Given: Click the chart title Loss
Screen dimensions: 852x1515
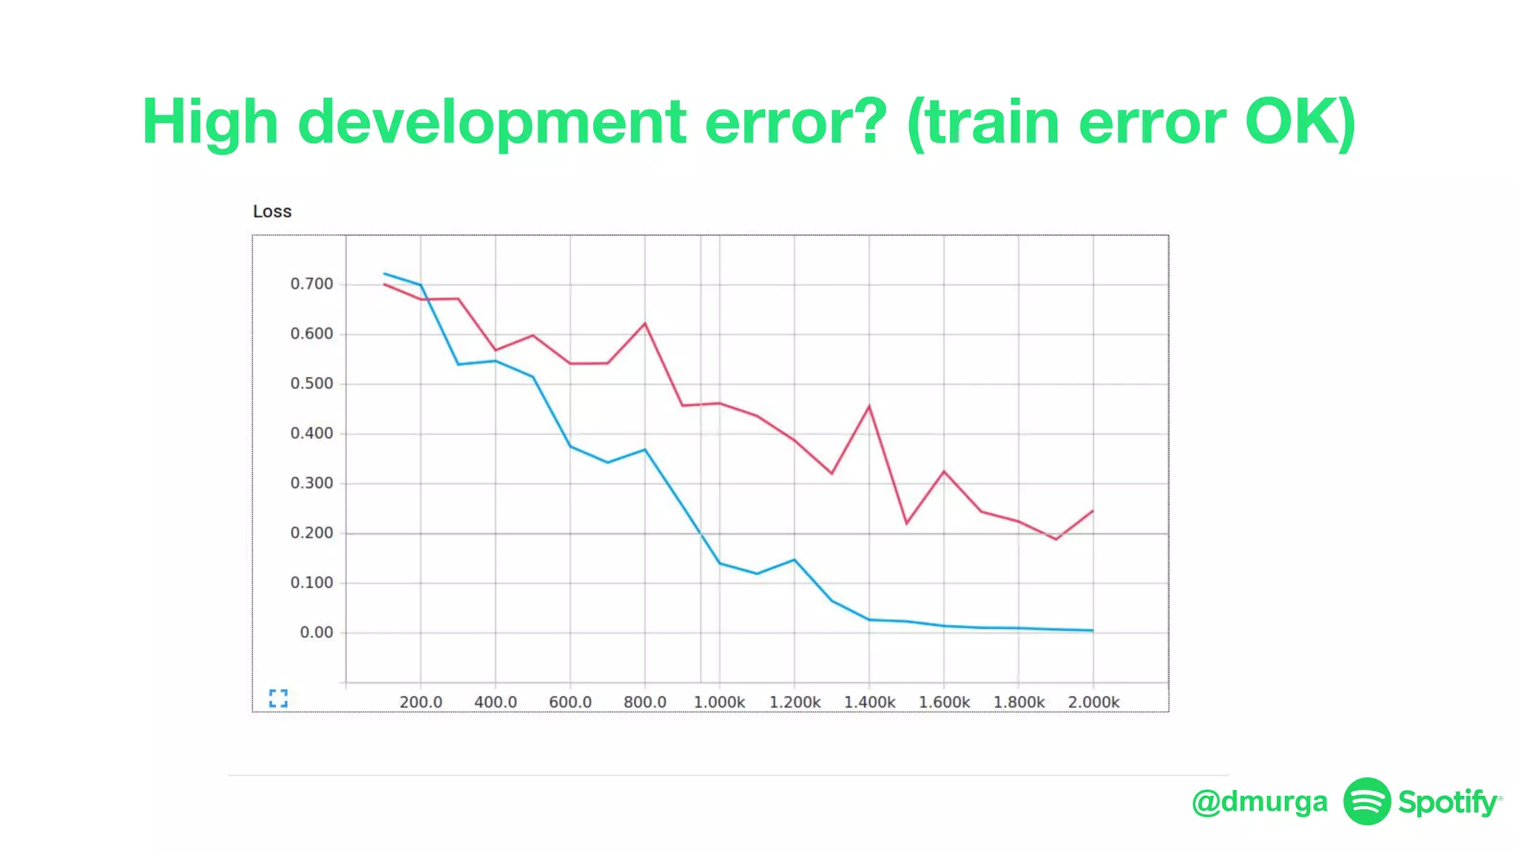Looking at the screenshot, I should point(272,212).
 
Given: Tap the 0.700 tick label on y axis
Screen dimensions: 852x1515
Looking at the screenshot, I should point(311,284).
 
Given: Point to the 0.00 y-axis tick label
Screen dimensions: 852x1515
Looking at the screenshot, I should point(316,632).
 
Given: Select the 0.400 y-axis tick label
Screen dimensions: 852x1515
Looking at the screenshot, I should point(311,433).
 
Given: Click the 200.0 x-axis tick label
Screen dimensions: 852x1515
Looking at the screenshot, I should point(421,702).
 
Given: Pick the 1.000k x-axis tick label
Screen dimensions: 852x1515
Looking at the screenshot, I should point(719,702).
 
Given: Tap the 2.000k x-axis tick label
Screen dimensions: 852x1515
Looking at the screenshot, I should point(1093,702).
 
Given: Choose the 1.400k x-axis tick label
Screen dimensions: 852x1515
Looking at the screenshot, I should point(869,702).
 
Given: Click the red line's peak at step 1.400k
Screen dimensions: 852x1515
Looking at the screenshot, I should point(869,406).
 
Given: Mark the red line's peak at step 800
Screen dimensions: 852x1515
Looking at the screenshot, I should point(645,323).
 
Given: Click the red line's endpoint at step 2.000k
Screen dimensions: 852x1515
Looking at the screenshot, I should point(1093,511).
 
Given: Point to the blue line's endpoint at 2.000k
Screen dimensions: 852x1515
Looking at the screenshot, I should point(1093,630).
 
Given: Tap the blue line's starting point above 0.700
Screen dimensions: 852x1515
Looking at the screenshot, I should point(385,274).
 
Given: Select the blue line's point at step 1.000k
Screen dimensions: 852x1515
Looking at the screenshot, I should point(720,564).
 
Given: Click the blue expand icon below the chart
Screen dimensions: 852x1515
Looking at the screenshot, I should point(278,697).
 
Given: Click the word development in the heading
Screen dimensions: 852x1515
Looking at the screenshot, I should point(492,122).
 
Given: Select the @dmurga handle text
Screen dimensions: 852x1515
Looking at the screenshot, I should point(1260,802).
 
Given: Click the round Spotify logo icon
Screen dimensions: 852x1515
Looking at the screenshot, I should point(1367,801).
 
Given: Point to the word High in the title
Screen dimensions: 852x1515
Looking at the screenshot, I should point(210,122).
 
